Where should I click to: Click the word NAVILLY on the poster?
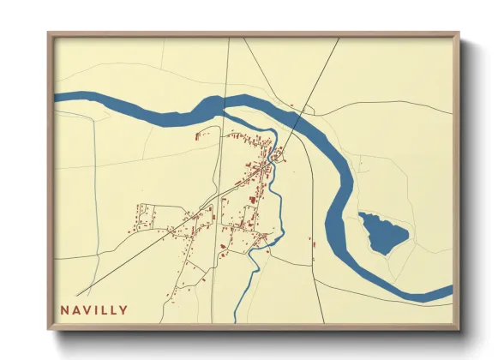(x=94, y=310)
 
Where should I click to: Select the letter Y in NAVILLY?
(x=124, y=310)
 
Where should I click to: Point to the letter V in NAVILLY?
(x=86, y=310)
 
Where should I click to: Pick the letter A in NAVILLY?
(x=75, y=310)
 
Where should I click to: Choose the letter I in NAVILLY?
(x=96, y=310)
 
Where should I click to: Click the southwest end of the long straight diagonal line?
(x=89, y=294)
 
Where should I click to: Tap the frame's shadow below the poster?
(x=257, y=336)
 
